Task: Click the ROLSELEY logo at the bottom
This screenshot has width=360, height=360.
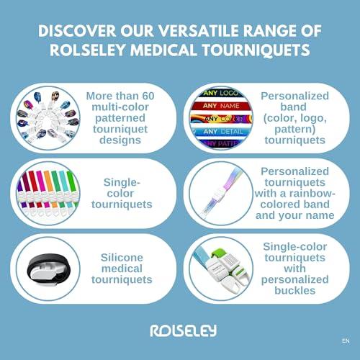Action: click(x=179, y=330)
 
